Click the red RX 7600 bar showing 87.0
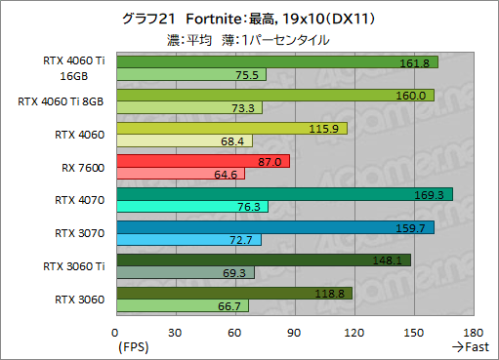click(x=202, y=161)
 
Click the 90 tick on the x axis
click(x=294, y=332)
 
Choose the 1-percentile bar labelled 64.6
click(x=180, y=175)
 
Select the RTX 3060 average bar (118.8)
click(x=233, y=293)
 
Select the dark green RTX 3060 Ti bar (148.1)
click(x=263, y=260)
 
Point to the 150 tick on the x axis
click(x=413, y=332)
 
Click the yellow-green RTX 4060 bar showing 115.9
click(x=230, y=129)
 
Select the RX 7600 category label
click(x=84, y=168)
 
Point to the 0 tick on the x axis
click(x=116, y=332)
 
